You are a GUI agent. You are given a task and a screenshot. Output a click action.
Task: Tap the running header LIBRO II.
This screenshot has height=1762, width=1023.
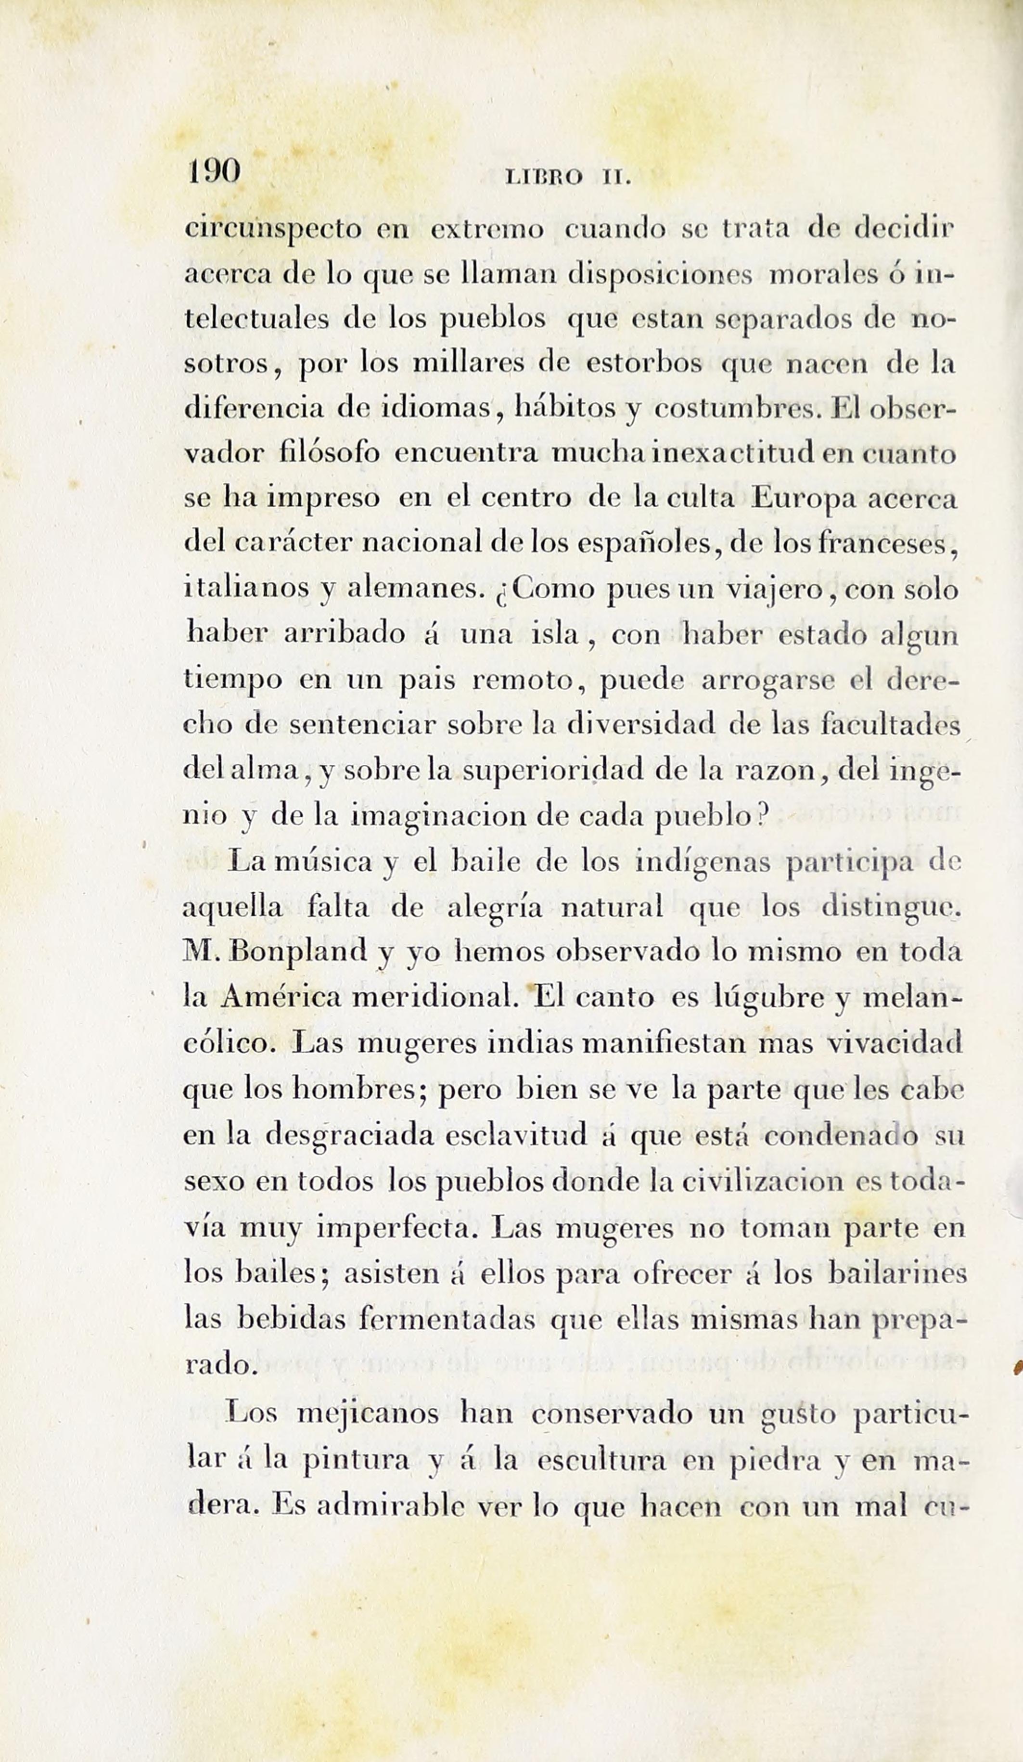[x=568, y=178]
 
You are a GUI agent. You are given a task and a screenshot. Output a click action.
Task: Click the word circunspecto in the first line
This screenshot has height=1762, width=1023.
[x=273, y=231]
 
